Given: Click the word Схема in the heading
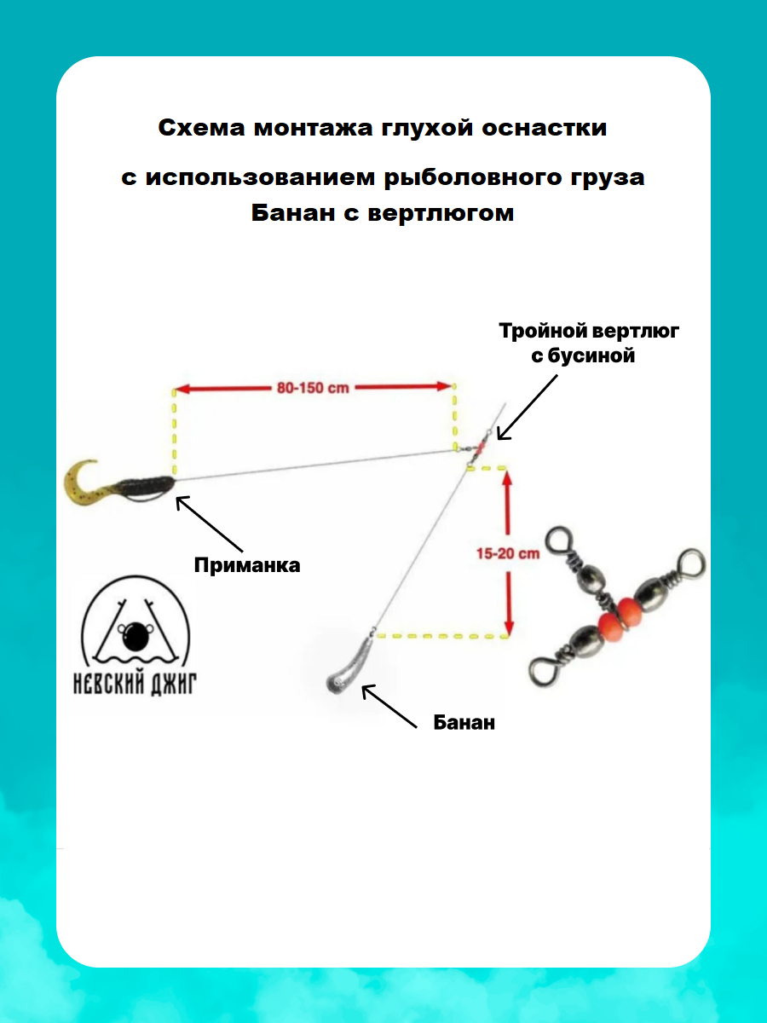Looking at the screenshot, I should click(200, 129).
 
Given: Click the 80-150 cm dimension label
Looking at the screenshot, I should click(314, 388).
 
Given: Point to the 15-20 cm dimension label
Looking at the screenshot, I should click(507, 553).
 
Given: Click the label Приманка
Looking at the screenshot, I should click(247, 565).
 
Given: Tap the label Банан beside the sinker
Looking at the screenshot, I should click(464, 723).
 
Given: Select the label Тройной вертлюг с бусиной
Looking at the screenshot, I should click(589, 344).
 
